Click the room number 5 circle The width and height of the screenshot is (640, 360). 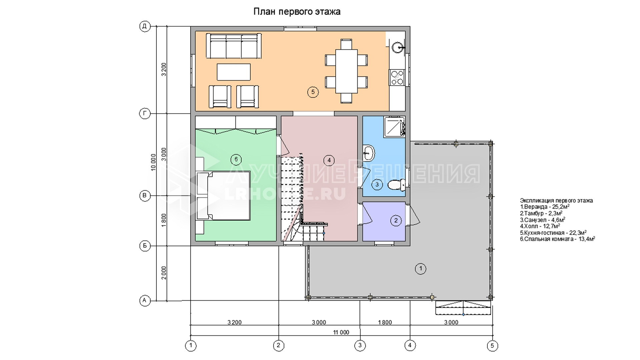(313, 92)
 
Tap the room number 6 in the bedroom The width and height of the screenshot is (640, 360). (236, 159)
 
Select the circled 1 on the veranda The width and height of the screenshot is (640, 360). (421, 268)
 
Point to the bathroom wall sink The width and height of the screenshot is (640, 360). (369, 153)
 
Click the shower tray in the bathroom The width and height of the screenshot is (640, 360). (394, 127)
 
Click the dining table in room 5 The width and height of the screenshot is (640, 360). (346, 71)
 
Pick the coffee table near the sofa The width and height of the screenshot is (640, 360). (234, 72)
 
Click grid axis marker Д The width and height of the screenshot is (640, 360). (145, 26)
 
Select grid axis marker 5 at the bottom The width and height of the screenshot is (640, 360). (492, 346)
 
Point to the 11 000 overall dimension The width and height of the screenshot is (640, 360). (341, 332)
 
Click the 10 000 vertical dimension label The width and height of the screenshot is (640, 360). (153, 162)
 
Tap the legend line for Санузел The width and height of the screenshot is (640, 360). (542, 220)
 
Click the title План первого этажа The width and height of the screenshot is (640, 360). (297, 12)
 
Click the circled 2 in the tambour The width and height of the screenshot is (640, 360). (396, 220)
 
